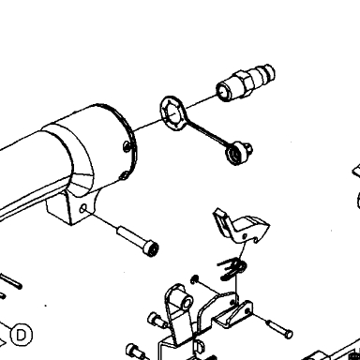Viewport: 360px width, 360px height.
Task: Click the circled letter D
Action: [x=22, y=335]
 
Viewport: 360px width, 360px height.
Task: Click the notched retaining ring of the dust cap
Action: [x=172, y=113]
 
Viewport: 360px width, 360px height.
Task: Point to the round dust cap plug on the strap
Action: [x=238, y=153]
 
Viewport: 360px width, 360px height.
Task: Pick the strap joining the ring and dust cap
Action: [x=206, y=134]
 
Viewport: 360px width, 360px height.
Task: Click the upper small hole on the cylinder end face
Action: [x=126, y=145]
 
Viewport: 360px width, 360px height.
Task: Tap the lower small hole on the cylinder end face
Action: [x=124, y=175]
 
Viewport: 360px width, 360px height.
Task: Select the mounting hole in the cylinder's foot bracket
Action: [x=83, y=208]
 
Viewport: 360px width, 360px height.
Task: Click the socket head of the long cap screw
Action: [x=151, y=247]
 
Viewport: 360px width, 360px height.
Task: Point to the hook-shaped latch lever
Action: [x=241, y=226]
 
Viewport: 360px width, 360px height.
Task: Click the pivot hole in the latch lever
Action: [x=245, y=236]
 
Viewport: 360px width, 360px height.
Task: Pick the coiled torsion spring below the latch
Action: [x=232, y=268]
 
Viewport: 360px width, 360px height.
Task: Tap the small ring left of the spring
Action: [x=194, y=279]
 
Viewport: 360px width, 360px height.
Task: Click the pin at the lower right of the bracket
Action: [x=279, y=328]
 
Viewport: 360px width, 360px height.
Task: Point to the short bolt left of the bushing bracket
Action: [x=157, y=320]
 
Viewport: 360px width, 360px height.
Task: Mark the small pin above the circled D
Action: [x=11, y=281]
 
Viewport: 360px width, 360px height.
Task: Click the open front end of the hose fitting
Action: [x=223, y=91]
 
